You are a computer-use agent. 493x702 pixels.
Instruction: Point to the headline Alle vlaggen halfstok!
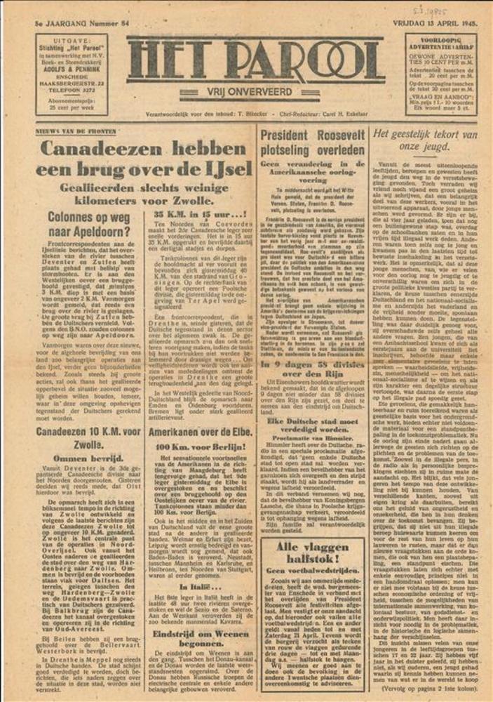coord(312,551)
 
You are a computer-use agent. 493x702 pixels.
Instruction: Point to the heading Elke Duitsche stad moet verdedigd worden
coord(312,425)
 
